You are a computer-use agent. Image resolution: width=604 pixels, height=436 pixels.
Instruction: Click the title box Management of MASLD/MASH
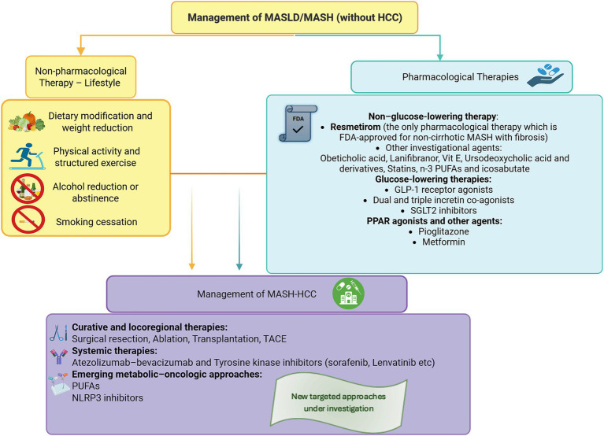[295, 17]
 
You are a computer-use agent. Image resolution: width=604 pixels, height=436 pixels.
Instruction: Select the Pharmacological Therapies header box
[461, 76]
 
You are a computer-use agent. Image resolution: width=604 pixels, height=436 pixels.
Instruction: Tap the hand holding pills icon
[545, 75]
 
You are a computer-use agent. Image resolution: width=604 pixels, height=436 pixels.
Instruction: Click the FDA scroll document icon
[298, 123]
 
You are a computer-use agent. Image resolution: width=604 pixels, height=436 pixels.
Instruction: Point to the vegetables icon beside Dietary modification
[27, 122]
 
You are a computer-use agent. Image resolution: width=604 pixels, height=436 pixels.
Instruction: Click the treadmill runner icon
[28, 157]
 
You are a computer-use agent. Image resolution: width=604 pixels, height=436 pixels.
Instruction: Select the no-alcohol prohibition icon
[28, 188]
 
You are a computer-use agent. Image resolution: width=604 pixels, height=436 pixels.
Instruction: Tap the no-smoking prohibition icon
[28, 220]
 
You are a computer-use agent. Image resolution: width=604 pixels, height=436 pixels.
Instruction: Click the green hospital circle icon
[348, 294]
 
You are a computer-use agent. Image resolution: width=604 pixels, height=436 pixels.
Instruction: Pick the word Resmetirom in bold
[355, 127]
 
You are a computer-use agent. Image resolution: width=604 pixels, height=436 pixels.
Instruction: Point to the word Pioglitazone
[443, 231]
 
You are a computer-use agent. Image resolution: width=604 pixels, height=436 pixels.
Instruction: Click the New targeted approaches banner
[339, 403]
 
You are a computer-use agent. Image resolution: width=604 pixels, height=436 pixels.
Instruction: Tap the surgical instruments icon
[58, 333]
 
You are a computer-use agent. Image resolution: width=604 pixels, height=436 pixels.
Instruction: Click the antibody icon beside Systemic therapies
[58, 357]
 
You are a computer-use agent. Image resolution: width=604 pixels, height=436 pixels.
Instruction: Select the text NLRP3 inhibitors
[107, 397]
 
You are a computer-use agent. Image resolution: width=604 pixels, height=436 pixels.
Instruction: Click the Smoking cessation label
[96, 222]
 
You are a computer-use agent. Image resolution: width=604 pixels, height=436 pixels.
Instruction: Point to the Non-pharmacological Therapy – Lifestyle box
[81, 77]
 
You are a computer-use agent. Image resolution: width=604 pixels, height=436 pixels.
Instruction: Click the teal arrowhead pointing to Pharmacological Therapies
[439, 57]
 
